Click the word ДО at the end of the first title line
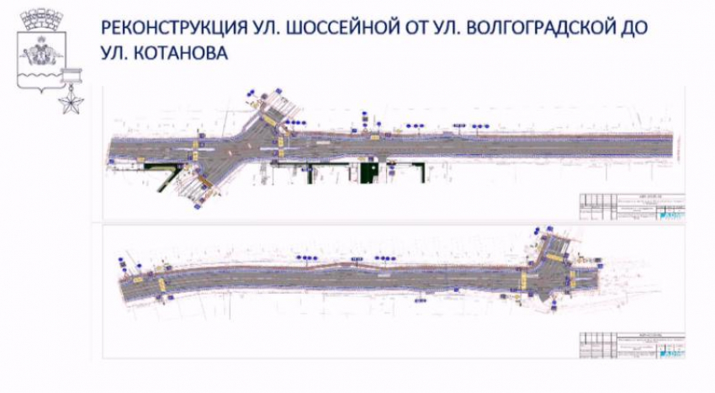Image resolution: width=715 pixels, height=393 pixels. click(x=635, y=29)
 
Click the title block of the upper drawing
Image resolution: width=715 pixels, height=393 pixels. click(x=630, y=208)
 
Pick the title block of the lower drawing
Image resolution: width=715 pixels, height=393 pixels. click(x=630, y=346)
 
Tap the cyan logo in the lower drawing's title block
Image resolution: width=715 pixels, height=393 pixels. click(x=670, y=354)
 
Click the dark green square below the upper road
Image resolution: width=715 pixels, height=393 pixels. click(x=368, y=172)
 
